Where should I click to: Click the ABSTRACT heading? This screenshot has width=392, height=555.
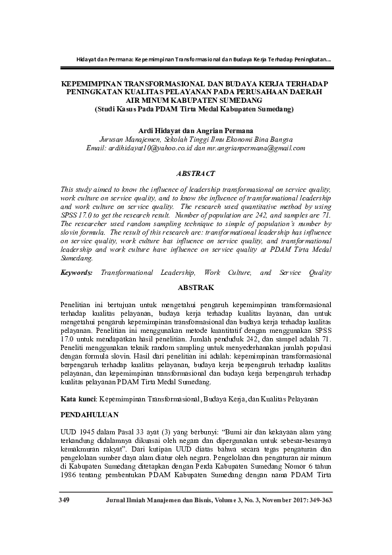[196, 173]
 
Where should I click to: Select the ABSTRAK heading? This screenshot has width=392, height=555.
[196, 288]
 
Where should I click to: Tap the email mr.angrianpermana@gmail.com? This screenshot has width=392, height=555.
[254, 148]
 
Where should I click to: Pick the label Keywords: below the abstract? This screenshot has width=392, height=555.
[78, 272]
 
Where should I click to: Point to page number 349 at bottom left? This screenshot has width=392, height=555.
[64, 501]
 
